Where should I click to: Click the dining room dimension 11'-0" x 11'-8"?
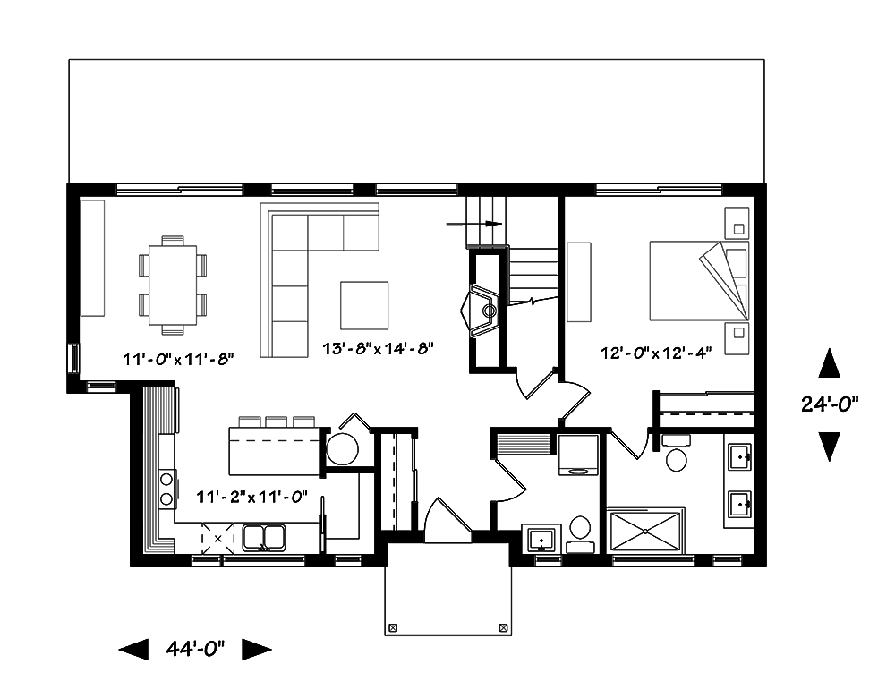point(178,360)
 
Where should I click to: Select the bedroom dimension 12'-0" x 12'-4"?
point(655,353)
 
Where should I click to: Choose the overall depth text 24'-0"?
point(830,404)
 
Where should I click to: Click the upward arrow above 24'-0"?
point(830,364)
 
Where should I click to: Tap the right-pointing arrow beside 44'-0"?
point(257,649)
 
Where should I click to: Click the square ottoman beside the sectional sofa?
point(364,305)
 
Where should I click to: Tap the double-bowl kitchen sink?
point(263,537)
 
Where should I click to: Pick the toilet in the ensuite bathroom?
point(677,455)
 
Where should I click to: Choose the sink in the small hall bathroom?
point(540,541)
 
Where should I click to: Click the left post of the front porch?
point(391,627)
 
